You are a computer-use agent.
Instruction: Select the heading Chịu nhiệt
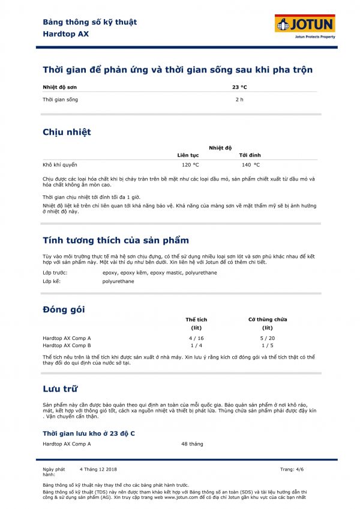pos(67,132)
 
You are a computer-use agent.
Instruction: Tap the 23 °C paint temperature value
pos(239,88)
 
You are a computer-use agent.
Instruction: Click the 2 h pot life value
pos(239,100)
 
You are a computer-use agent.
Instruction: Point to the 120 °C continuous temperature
pos(190,164)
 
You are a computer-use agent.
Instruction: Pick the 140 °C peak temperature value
pos(251,164)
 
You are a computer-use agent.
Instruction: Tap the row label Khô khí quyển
pos(59,164)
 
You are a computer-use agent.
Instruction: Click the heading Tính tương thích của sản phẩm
pos(116,240)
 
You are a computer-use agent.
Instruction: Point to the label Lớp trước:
pos(55,273)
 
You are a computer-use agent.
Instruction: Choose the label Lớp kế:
pos(53,281)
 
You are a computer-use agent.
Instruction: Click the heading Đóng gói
pos(64,309)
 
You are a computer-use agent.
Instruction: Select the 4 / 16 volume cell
pos(196,338)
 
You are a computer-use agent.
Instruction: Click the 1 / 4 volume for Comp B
pos(196,345)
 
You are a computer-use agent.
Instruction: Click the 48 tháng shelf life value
pos(192,444)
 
